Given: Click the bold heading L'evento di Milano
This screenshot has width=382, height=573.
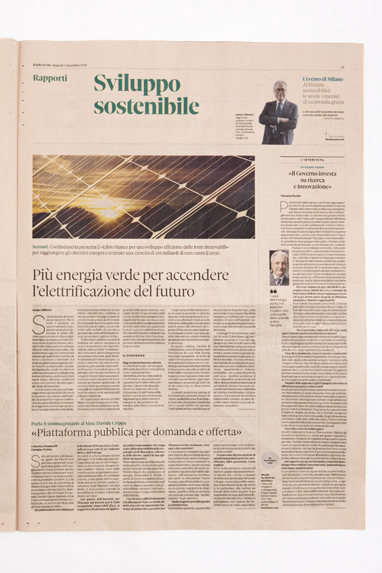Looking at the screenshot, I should coord(323,79).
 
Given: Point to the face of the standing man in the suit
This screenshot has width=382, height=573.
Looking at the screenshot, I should coord(280,90).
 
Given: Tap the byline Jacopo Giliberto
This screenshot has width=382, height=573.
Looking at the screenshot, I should coord(42,309).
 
